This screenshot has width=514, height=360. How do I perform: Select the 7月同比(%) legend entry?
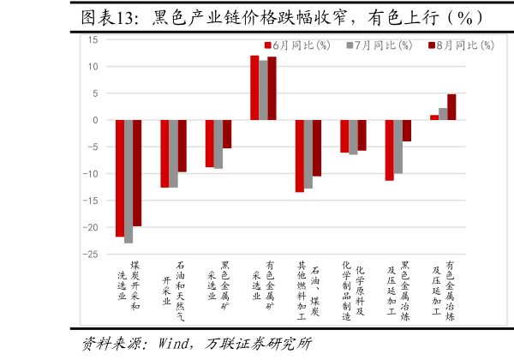pyautogui.click(x=379, y=45)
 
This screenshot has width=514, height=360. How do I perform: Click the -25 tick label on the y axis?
pyautogui.click(x=89, y=255)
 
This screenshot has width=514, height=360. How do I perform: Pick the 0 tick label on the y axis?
pyautogui.click(x=94, y=120)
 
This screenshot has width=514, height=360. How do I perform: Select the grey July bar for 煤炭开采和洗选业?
pyautogui.click(x=128, y=181)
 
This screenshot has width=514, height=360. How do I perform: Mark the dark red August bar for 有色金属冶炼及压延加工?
pyautogui.click(x=451, y=107)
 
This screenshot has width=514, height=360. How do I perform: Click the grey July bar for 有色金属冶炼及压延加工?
pyautogui.click(x=443, y=114)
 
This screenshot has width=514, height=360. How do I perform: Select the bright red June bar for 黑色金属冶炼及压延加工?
pyautogui.click(x=389, y=150)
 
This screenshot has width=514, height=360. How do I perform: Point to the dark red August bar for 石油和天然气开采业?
pyautogui.click(x=182, y=146)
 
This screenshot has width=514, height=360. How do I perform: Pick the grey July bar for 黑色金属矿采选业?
pyautogui.click(x=218, y=144)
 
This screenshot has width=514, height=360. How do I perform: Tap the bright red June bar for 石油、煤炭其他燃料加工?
pyautogui.click(x=299, y=156)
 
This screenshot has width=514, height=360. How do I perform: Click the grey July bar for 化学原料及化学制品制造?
pyautogui.click(x=353, y=137)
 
